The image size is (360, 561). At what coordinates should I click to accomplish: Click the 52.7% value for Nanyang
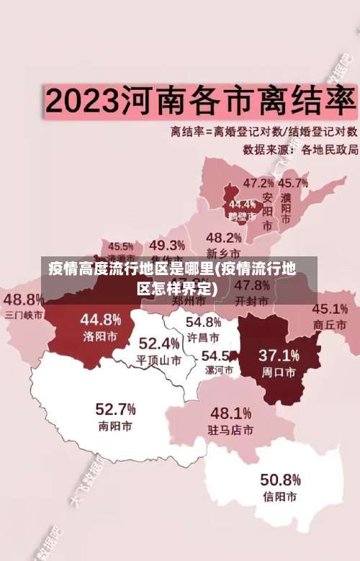tap(115, 409)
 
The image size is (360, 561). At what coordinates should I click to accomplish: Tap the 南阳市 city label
tap(115, 426)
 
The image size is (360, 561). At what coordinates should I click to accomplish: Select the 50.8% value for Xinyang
tap(280, 480)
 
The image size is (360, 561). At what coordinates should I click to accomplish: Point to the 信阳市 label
tap(280, 497)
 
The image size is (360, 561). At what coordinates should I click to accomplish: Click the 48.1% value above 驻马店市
tap(230, 413)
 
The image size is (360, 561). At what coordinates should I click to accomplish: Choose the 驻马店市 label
tap(230, 430)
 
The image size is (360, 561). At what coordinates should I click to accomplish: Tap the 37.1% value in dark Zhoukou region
tap(279, 356)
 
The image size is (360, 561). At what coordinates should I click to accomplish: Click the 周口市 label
tap(279, 372)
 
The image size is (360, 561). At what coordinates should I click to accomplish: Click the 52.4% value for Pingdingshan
tap(159, 343)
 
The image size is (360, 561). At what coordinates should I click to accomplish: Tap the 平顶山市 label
tap(159, 359)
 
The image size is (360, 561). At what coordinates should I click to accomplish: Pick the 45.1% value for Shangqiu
tap(330, 309)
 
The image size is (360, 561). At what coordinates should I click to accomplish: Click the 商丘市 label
tap(330, 325)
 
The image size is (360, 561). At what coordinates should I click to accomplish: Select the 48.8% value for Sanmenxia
tap(24, 298)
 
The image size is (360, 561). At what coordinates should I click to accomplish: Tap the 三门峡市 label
tap(24, 314)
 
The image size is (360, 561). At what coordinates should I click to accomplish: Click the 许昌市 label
tap(203, 337)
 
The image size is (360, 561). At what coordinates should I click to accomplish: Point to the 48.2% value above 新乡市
tap(224, 237)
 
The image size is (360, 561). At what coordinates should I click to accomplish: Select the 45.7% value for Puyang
tap(293, 183)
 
